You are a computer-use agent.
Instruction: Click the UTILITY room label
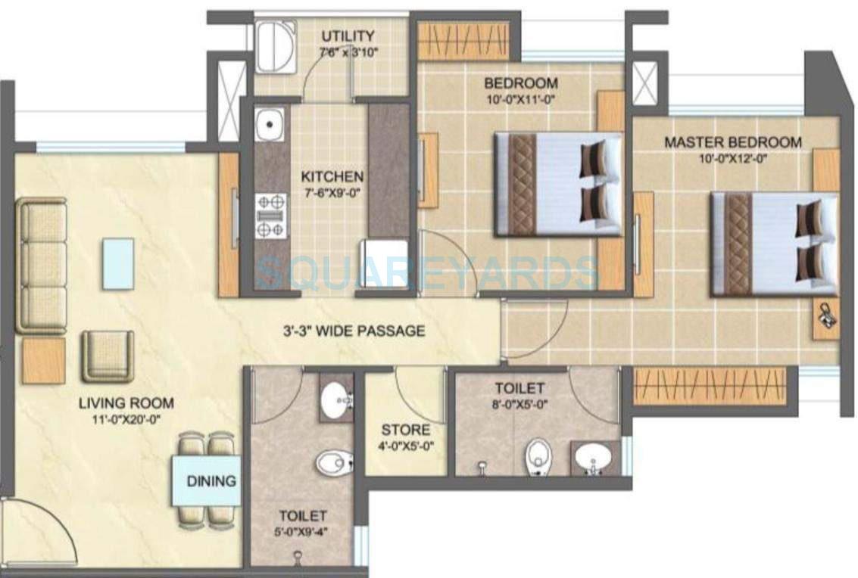348,36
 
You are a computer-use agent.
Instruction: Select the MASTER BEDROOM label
732,141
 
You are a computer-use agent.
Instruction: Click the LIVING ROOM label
126,403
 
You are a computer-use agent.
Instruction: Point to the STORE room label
405,430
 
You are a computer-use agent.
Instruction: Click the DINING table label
211,480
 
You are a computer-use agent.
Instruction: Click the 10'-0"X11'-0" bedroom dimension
521,98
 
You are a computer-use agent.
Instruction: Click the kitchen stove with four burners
271,216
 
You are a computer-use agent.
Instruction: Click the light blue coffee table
118,263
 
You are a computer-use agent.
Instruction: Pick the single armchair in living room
108,356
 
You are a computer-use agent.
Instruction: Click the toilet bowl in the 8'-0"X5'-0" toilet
537,455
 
